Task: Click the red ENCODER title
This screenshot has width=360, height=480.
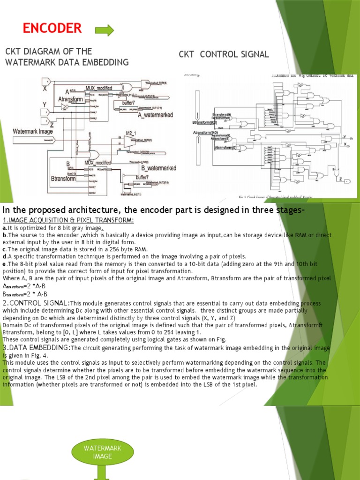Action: [x=52, y=29]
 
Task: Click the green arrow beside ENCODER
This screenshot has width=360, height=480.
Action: [x=105, y=31]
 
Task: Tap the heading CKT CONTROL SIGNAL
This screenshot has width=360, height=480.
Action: [x=224, y=54]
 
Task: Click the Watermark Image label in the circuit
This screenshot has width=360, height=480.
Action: [x=33, y=131]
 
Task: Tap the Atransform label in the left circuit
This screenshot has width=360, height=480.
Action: [x=71, y=99]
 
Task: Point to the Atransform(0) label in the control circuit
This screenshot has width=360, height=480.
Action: [x=229, y=148]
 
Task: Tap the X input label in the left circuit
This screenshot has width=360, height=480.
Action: [x=45, y=88]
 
